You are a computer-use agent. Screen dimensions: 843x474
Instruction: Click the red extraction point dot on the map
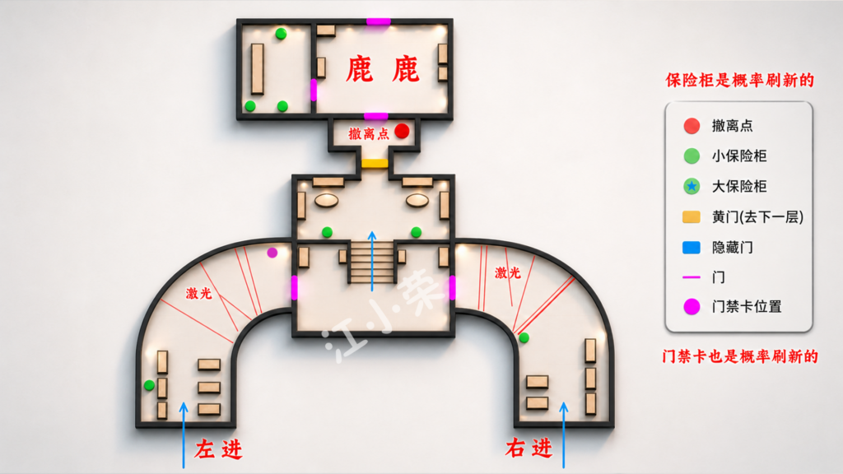(x=402, y=131)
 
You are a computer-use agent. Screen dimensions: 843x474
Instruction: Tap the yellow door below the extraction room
(x=375, y=163)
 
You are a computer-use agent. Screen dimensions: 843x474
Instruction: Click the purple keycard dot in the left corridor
(x=272, y=252)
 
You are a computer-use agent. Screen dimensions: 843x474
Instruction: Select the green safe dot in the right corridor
(x=524, y=337)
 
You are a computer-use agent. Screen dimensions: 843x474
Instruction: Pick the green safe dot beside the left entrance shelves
(x=150, y=385)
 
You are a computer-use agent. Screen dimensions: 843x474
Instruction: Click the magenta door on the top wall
(x=379, y=21)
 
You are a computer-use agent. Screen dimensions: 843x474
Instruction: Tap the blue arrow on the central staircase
(x=372, y=261)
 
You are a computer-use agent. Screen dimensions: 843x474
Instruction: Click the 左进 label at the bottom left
(x=218, y=449)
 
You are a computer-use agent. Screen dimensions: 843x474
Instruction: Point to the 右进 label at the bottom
(x=529, y=447)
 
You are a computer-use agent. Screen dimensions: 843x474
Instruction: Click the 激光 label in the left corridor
(x=199, y=293)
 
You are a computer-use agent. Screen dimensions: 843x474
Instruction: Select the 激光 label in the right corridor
(x=507, y=273)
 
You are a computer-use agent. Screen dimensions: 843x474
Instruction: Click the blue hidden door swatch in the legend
(x=692, y=247)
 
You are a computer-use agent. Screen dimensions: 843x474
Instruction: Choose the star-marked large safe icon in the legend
(x=692, y=187)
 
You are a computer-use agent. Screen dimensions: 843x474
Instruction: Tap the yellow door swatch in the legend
(x=692, y=216)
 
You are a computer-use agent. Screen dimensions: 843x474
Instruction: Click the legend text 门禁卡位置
(x=747, y=307)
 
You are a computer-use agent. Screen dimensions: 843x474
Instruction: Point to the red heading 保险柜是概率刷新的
(x=740, y=81)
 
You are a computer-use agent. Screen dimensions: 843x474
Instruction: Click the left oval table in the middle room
(x=326, y=201)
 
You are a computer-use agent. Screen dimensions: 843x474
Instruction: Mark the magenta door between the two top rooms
(x=314, y=90)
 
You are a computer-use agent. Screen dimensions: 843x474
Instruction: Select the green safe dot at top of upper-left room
(x=281, y=34)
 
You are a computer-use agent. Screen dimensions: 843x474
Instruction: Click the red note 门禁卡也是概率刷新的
(x=740, y=356)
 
